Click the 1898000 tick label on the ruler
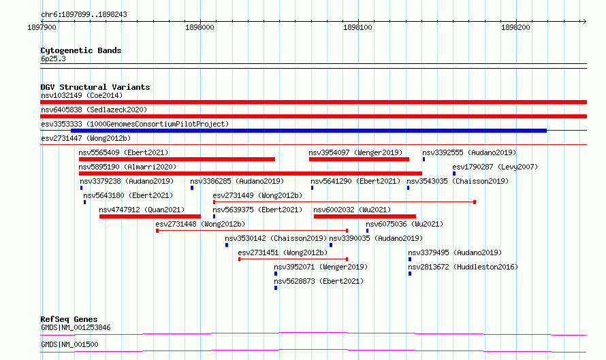coord(200,27)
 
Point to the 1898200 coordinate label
coord(515,27)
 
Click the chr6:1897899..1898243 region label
coord(84,15)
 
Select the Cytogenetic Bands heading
coord(81,50)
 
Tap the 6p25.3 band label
coord(53,59)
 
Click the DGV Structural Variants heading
coord(95,87)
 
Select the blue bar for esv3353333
coord(309,131)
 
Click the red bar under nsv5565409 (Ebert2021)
coord(177,159)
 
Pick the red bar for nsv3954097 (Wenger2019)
coord(359,159)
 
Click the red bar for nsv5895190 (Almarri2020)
coord(251,174)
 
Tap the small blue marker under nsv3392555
coord(424,159)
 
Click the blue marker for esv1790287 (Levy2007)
coord(454,174)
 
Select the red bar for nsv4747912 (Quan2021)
coord(150,216)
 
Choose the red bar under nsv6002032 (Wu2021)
coord(365,216)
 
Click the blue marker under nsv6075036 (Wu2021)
coord(367,231)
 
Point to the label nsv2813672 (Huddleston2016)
coord(463,267)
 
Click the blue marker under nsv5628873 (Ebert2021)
coord(276,288)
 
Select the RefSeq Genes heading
coord(69,319)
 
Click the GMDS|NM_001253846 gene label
coord(76,327)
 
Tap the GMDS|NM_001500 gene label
coord(69,344)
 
